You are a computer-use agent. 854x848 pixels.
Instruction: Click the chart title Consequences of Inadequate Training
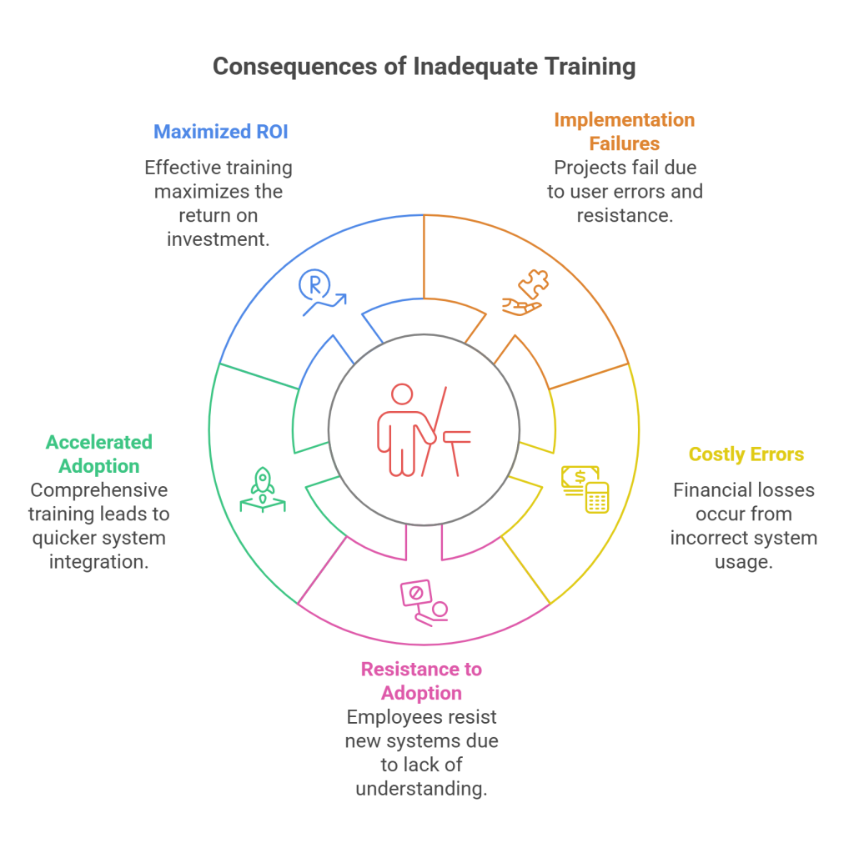click(424, 67)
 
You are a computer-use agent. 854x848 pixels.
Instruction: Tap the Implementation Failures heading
click(625, 132)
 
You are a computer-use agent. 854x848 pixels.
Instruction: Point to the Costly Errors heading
click(746, 454)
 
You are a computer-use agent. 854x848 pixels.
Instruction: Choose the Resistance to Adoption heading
click(421, 680)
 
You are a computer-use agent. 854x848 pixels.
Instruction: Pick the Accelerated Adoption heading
click(99, 454)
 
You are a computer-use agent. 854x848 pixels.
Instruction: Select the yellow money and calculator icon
click(585, 488)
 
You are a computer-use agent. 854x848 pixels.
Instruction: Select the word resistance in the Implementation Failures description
click(624, 215)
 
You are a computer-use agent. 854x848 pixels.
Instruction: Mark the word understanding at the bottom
click(421, 788)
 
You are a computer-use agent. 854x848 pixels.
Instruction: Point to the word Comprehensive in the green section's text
click(99, 489)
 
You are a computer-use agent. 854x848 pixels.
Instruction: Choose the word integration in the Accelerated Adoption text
click(99, 561)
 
